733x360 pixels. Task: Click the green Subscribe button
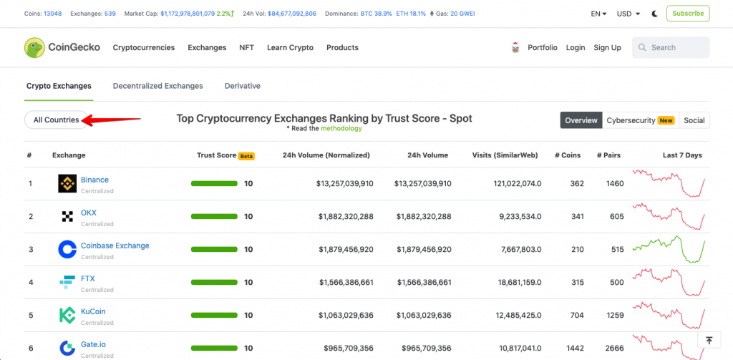point(688,14)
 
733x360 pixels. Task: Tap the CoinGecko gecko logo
point(34,47)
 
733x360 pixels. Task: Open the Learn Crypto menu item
point(291,47)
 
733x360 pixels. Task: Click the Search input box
point(670,47)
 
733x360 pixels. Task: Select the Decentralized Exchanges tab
point(158,86)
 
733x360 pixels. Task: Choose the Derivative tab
point(242,86)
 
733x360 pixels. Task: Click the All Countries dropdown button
point(56,120)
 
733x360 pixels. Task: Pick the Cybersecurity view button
point(641,120)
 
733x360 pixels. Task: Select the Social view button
point(694,120)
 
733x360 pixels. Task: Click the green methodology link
point(341,128)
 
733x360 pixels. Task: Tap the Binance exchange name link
point(94,180)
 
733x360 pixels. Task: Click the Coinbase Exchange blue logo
point(67,250)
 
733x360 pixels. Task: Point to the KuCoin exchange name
point(93,311)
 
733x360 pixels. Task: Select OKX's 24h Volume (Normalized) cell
point(346,216)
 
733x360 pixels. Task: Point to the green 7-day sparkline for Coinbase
point(669,250)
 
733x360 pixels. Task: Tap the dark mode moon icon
point(655,14)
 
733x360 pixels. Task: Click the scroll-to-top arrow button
point(709,341)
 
